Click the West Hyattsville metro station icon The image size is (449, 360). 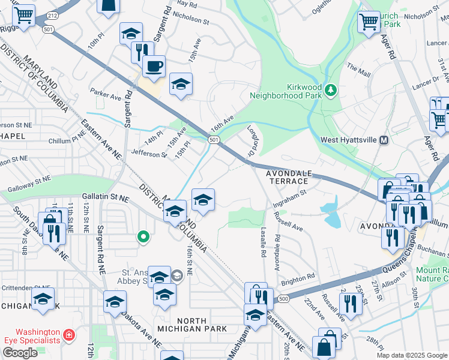[x=385, y=140]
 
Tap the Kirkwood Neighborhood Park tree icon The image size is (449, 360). [x=330, y=90]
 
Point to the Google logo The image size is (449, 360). [x=20, y=353]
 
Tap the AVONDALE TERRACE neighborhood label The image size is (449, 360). [x=289, y=178]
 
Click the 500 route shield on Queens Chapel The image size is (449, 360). [x=284, y=298]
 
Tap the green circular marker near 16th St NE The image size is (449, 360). [x=143, y=237]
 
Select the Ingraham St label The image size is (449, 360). [x=289, y=198]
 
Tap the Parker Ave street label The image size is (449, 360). [x=106, y=94]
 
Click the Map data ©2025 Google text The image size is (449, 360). [x=412, y=355]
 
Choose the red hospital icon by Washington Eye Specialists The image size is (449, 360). [x=70, y=334]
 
